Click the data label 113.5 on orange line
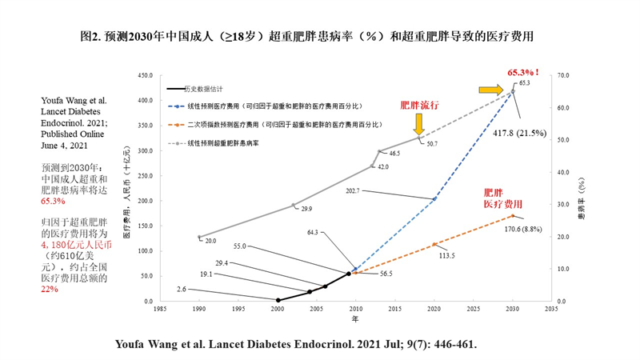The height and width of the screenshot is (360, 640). click(x=446, y=256)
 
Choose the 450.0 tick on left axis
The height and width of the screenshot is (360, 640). click(x=146, y=76)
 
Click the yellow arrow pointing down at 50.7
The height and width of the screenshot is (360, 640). click(x=418, y=122)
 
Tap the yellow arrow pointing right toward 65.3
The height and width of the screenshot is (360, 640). click(x=491, y=90)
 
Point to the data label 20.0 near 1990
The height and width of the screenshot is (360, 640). click(x=211, y=240)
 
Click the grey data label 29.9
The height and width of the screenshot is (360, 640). click(x=306, y=209)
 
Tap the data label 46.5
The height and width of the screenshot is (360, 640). click(x=394, y=152)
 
